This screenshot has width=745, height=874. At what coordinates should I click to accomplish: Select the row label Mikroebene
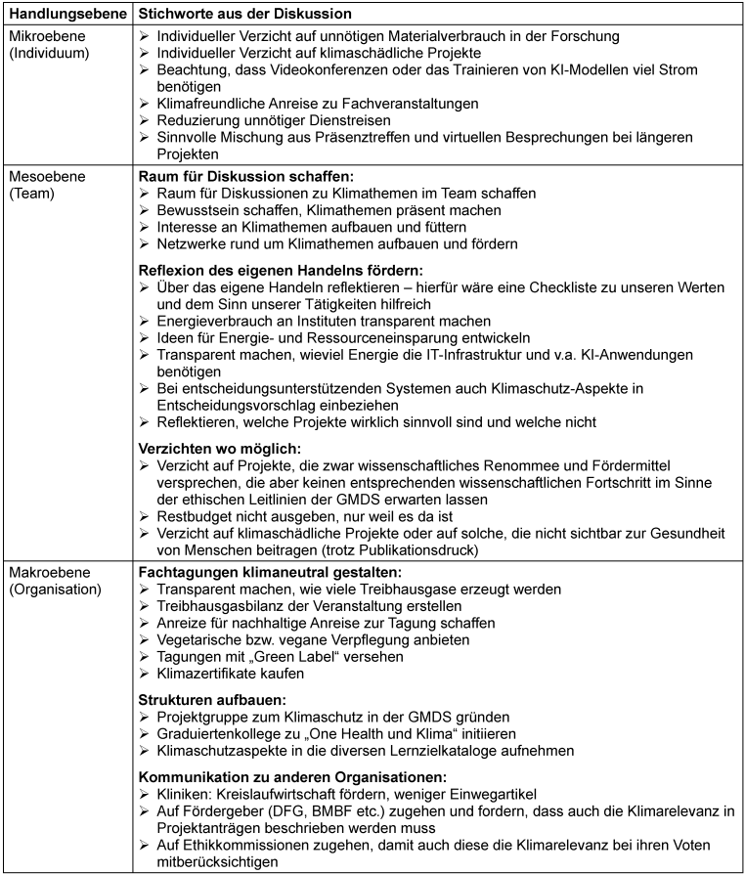pos(44,36)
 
